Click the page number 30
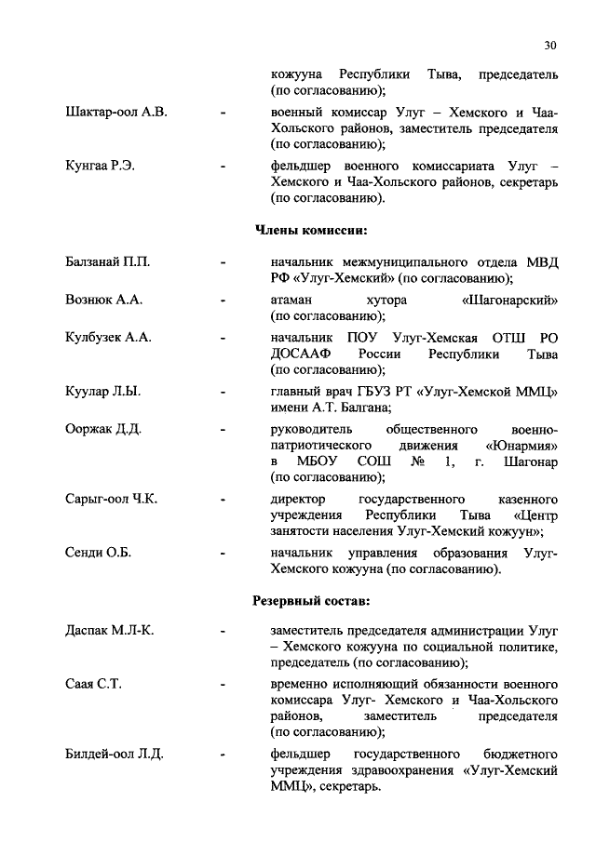550,45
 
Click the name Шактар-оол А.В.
116,112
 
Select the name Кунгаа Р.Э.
101,166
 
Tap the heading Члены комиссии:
311,229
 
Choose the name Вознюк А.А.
104,301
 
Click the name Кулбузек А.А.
108,337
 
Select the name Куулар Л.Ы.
102,392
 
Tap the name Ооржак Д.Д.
103,429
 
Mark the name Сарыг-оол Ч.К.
112,500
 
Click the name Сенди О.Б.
99,554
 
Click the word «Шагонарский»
509,301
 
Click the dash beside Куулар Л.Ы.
223,393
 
